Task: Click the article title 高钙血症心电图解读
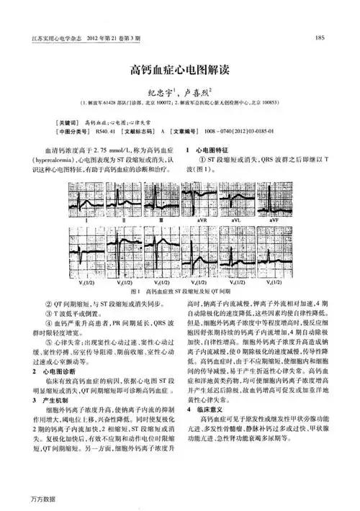[179, 71]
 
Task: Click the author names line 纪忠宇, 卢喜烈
[179, 91]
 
